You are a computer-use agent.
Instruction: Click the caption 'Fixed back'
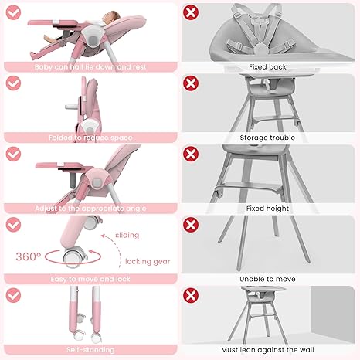pos(267,67)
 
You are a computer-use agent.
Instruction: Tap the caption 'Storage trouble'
pos(267,138)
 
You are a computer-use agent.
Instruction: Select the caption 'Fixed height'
pos(267,208)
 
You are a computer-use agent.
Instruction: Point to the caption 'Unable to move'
pos(267,278)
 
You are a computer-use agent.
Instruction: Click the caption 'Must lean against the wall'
pos(267,349)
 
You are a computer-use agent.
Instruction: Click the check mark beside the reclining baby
pos(13,12)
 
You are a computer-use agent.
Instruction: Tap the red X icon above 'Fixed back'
pos(192,12)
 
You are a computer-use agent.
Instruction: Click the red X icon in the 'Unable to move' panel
pos(192,224)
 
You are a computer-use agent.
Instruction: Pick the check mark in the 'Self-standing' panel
pos(13,294)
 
